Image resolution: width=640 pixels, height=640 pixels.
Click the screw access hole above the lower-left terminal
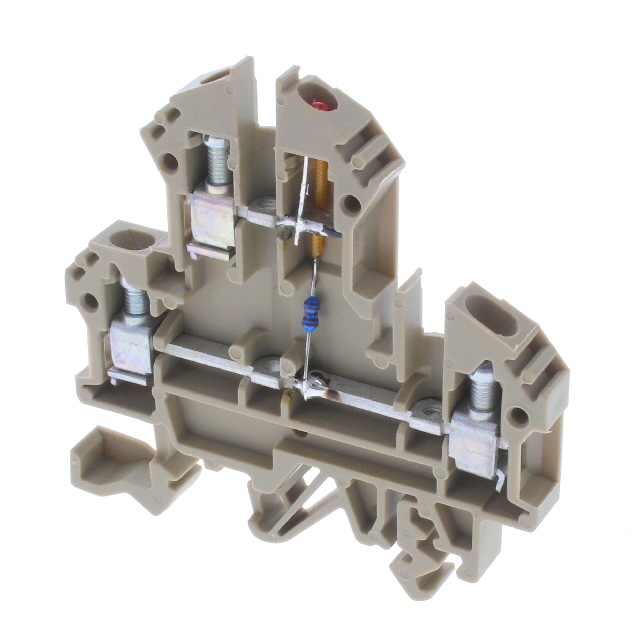(x=132, y=240)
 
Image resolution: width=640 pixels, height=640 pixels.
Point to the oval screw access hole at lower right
(x=501, y=322)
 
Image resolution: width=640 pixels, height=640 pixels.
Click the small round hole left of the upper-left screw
(x=170, y=160)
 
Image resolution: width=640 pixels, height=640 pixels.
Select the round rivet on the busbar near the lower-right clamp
(x=429, y=407)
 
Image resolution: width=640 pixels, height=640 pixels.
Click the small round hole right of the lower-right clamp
(x=518, y=414)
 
